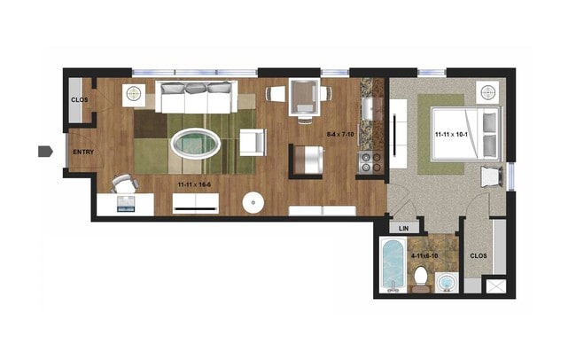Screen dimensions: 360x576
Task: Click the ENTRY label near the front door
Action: pos(82,153)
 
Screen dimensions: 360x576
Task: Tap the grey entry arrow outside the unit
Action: pos(44,152)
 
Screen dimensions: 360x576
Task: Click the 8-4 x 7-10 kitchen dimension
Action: pos(340,135)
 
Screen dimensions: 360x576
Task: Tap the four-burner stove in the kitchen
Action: pos(370,161)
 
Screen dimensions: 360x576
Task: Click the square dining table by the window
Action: pos(306,93)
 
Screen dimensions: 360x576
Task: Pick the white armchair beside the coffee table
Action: pos(252,142)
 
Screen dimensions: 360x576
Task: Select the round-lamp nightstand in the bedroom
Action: pos(486,92)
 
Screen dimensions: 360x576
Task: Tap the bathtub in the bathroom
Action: pos(392,263)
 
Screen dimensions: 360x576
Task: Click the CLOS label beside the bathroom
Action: pos(478,255)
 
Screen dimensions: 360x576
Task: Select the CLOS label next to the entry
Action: pos(79,100)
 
